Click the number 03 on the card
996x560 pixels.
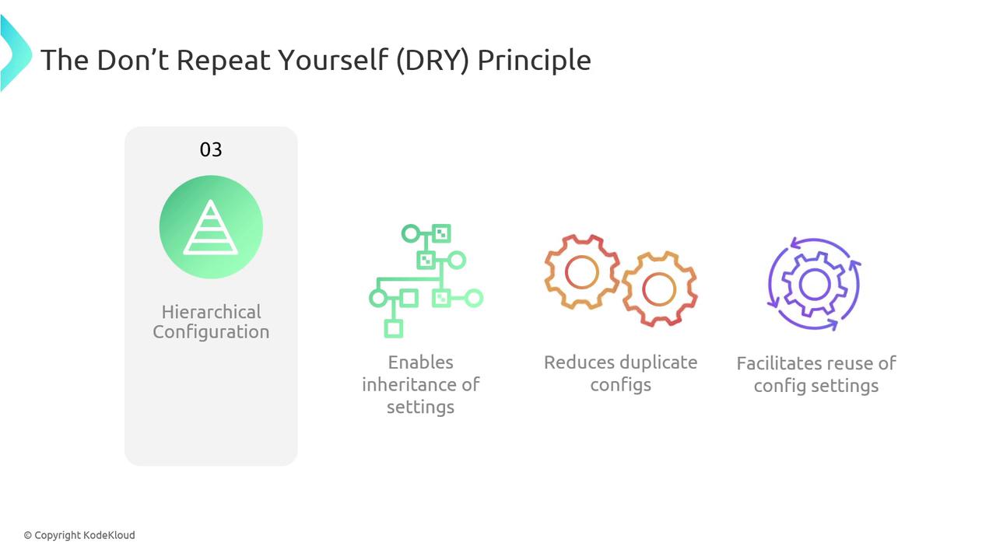tap(211, 149)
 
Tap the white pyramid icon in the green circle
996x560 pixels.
tap(211, 227)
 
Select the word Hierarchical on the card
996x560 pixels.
tap(211, 312)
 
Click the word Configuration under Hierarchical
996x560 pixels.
tap(211, 332)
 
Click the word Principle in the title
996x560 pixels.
tap(534, 61)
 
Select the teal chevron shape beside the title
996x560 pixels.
tap(16, 54)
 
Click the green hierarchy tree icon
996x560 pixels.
tap(426, 281)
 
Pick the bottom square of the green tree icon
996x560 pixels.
tap(394, 329)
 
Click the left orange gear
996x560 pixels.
tap(581, 272)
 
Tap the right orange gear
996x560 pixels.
tap(659, 289)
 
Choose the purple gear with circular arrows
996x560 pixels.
tap(815, 285)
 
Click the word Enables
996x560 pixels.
tap(421, 362)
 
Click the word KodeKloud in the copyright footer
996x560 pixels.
tap(109, 535)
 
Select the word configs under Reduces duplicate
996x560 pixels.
tap(621, 385)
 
